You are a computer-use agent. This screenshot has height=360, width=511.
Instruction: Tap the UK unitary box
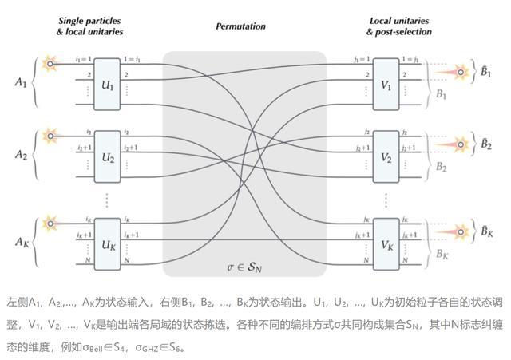pos(106,240)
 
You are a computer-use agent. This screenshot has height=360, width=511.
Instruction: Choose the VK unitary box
pos(386,240)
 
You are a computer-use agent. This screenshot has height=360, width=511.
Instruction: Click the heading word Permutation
pos(240,26)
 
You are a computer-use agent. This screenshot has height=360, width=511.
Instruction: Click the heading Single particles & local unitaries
pos(89,26)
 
